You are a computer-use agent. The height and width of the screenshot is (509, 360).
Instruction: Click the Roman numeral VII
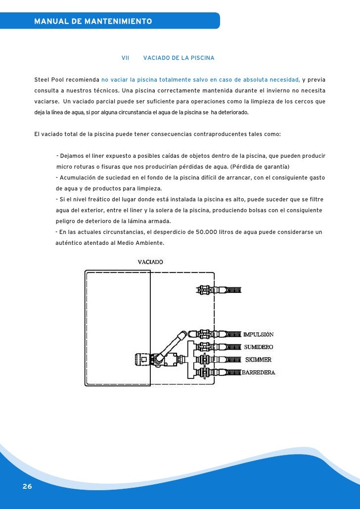click(125, 58)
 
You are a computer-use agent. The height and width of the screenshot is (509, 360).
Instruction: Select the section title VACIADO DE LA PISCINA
click(179, 58)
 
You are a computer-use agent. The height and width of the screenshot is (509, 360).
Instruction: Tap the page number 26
click(27, 487)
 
